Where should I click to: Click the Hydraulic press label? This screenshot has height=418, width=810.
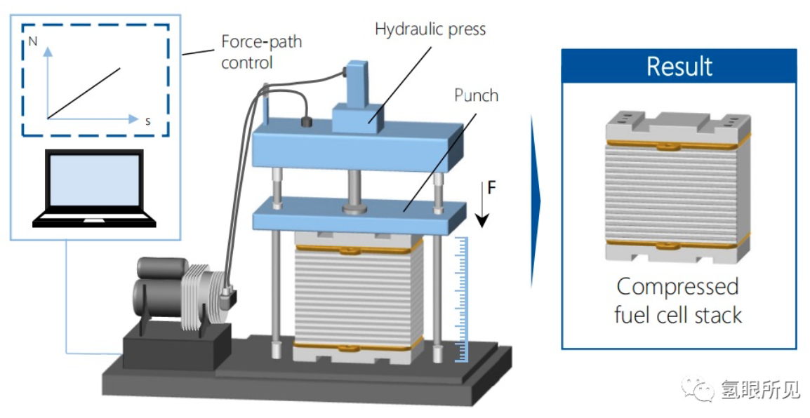tap(430, 29)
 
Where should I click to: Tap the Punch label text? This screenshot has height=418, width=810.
tap(476, 95)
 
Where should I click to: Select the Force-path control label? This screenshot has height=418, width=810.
tap(261, 52)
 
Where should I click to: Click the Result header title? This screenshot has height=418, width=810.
tap(679, 67)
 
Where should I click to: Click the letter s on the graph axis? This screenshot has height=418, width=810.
tap(148, 121)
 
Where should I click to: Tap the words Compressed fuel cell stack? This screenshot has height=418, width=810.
tap(677, 300)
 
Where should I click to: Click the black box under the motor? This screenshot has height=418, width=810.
tap(171, 350)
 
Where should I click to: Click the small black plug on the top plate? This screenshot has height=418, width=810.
tap(307, 122)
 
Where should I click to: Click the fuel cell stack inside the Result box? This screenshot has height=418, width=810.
tap(678, 187)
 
